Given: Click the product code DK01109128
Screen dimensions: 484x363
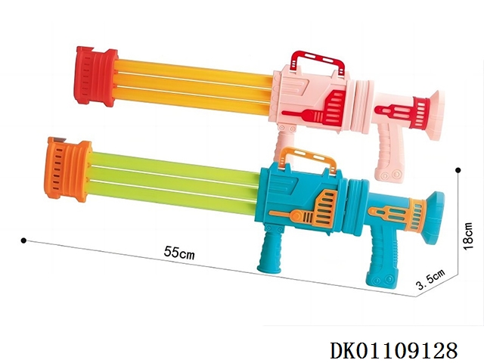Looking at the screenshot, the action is coord(393,350).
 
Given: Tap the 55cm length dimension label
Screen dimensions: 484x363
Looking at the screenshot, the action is coord(179,253).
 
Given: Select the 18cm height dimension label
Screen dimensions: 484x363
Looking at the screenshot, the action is coord(468,236).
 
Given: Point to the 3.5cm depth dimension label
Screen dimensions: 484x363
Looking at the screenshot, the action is coord(431,279).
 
